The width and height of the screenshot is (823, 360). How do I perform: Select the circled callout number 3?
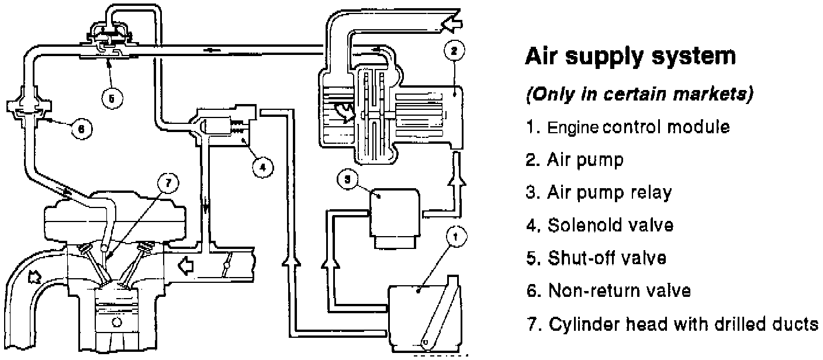pos(347,179)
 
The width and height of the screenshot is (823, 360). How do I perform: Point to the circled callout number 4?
pos(262,167)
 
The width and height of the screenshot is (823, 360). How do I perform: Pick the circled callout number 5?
pos(112,99)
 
